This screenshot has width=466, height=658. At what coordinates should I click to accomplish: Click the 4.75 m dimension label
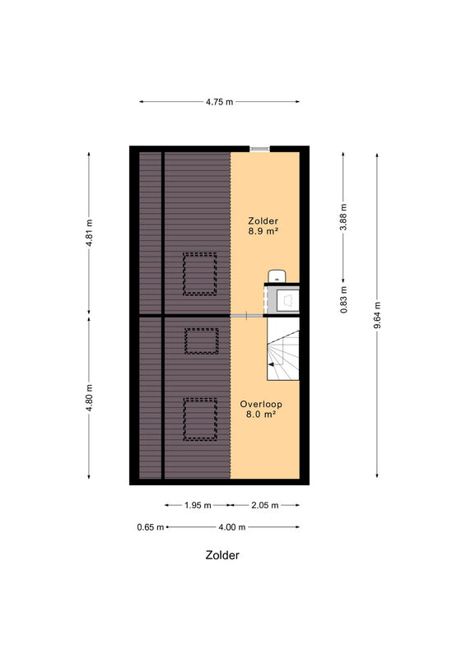[x=219, y=101]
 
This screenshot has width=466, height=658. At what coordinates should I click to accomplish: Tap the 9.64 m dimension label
[x=377, y=315]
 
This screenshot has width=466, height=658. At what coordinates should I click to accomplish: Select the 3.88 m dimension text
[x=343, y=217]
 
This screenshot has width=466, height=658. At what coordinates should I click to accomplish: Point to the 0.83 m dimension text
[x=343, y=299]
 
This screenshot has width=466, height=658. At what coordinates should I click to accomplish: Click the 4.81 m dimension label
[x=89, y=234]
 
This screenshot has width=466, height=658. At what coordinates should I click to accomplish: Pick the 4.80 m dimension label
[x=89, y=398]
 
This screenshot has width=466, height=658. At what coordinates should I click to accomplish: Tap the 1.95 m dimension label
[x=198, y=505]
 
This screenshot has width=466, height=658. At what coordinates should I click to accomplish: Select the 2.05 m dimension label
[x=265, y=505]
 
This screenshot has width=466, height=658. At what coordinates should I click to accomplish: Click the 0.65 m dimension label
[x=151, y=527]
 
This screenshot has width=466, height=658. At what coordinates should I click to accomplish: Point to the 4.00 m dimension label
[x=232, y=527]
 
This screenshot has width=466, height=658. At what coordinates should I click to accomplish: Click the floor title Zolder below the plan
[x=222, y=554]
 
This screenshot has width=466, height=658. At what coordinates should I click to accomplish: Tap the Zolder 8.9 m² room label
[x=263, y=225]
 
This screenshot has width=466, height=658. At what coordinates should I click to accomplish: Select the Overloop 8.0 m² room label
[x=261, y=409]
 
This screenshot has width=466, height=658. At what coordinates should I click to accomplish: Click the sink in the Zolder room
[x=277, y=276]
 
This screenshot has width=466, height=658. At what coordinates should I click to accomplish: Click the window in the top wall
[x=259, y=149]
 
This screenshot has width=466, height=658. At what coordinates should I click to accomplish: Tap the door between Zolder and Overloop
[x=247, y=315]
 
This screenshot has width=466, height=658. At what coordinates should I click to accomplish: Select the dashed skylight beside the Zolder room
[x=200, y=274]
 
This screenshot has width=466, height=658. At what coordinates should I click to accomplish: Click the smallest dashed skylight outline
[x=202, y=341]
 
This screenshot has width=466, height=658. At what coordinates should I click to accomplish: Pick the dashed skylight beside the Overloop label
[x=200, y=419]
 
